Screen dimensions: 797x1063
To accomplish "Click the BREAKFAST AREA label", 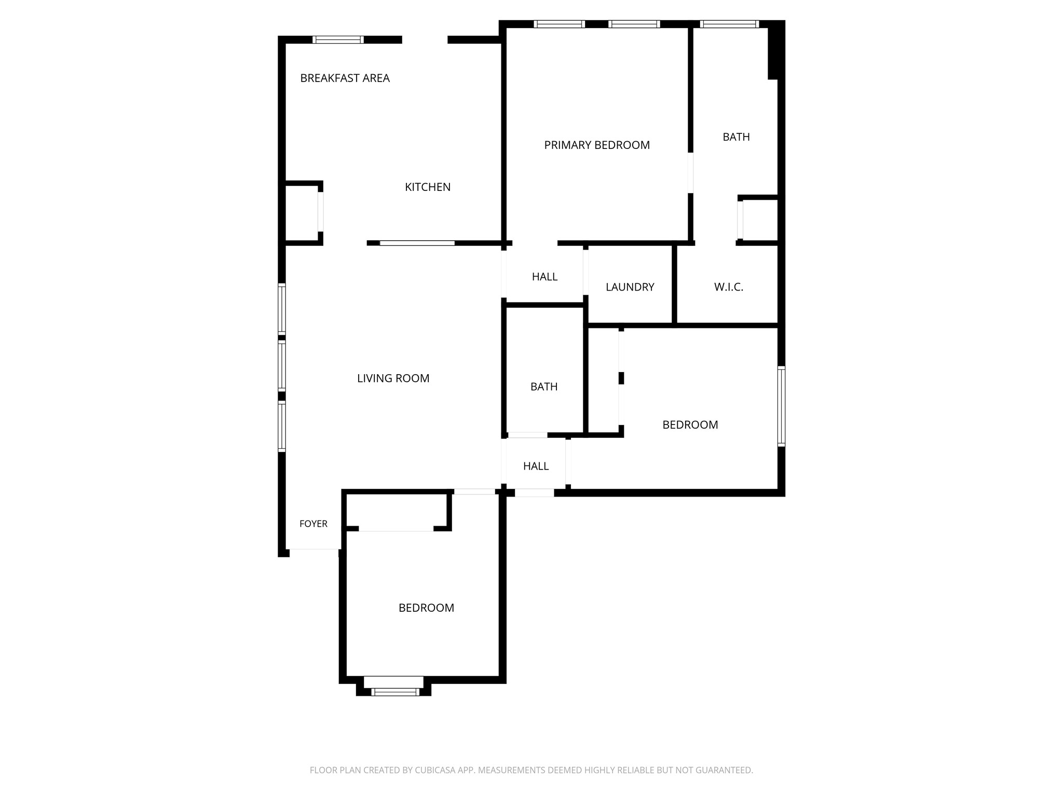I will point(345,78).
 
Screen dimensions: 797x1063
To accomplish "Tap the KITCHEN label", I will point(428,187).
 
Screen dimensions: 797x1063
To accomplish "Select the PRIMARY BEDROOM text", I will point(597,145).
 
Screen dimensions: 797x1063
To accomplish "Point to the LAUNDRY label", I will point(630,287).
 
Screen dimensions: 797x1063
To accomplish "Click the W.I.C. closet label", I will point(729,287).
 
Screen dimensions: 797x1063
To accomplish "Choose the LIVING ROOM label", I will point(393,379).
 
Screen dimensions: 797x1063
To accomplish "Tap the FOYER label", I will point(314,524).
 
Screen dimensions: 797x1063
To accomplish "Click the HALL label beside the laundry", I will point(544,277).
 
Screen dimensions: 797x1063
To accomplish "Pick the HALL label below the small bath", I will point(536,466).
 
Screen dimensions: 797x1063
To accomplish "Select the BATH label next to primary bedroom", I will point(736,137).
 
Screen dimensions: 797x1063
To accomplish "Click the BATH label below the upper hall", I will point(544,387).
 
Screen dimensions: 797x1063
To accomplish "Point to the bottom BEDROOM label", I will point(426,608).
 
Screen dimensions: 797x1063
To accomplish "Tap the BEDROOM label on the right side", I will point(690,425).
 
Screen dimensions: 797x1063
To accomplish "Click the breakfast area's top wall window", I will point(338,39).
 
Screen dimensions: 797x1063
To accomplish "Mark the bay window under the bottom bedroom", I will point(394,691).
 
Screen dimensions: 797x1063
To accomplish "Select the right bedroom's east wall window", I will point(781,406).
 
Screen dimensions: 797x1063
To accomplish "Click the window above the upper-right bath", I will point(729,24).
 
